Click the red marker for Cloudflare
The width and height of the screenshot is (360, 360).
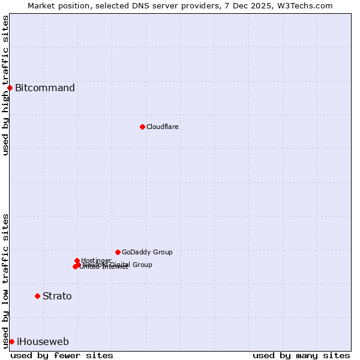(142, 127)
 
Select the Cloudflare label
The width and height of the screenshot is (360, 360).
(163, 127)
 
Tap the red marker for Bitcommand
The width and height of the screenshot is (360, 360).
(10, 88)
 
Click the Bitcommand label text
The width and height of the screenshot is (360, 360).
(45, 88)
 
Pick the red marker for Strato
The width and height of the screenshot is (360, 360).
(37, 296)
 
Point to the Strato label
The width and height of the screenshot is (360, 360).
(57, 296)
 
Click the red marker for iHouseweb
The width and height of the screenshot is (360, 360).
(11, 341)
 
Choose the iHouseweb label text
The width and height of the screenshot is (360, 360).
(43, 342)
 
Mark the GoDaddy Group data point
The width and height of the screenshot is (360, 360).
(118, 252)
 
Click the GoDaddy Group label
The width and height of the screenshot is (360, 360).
(147, 253)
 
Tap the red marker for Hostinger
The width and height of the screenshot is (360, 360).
(77, 260)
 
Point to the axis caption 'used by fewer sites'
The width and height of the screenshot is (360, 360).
(62, 355)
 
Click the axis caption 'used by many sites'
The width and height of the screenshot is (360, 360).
(301, 355)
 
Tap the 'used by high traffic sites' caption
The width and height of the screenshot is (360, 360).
(5, 86)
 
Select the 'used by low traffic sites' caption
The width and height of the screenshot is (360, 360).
(5, 280)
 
